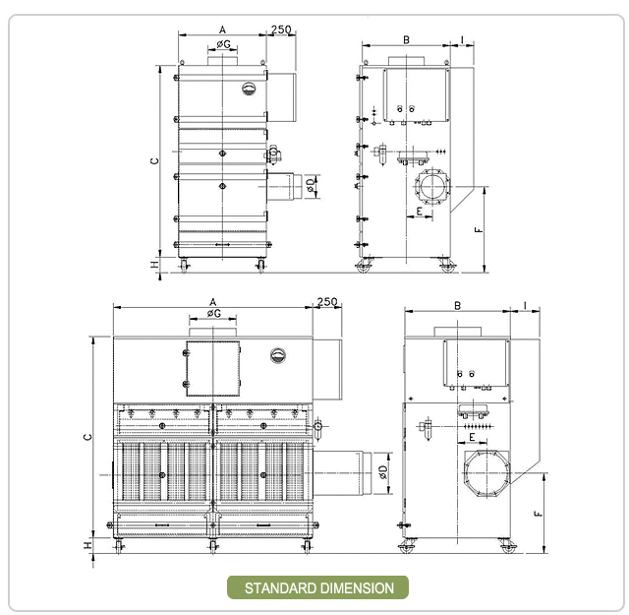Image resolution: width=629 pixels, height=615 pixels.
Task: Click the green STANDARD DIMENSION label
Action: (x=318, y=588)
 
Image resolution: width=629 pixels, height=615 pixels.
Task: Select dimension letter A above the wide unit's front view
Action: (x=212, y=301)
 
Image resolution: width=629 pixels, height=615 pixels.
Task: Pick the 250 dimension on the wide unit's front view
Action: (x=327, y=301)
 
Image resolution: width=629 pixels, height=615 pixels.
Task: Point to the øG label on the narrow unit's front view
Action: (x=223, y=44)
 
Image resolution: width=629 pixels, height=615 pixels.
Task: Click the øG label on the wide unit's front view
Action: (x=213, y=314)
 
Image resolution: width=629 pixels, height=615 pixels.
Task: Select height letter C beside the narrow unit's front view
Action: (x=155, y=160)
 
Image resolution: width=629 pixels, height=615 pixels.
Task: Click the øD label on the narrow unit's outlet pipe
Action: (x=311, y=184)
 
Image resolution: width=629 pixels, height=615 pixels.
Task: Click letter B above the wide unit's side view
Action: (x=458, y=306)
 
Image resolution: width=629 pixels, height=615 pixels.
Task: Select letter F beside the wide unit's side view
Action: (x=537, y=513)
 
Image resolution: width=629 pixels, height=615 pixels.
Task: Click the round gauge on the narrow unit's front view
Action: (x=249, y=89)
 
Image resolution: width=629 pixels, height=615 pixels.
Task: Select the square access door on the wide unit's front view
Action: (x=212, y=367)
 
